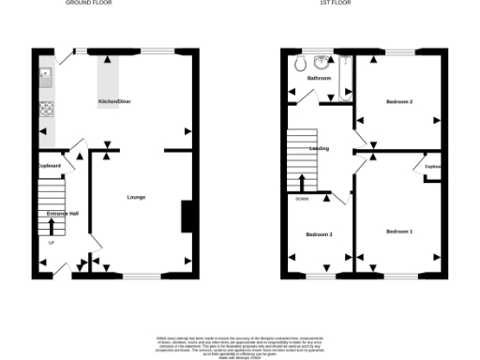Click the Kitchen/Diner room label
[115, 99]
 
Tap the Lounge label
[136, 197]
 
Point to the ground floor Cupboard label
[50, 166]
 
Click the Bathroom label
[320, 79]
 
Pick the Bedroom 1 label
[398, 230]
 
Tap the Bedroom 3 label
[319, 234]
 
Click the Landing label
[319, 148]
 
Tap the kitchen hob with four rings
[44, 112]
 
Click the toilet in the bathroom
[301, 63]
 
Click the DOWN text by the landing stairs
[301, 200]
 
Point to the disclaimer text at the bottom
[239, 345]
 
